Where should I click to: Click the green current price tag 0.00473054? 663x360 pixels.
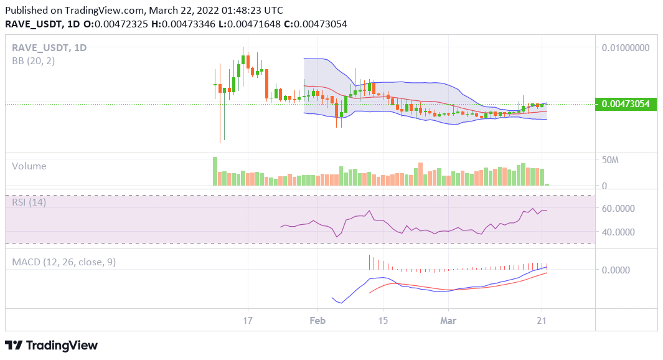[626, 105]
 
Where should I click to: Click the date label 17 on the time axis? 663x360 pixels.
[248, 321]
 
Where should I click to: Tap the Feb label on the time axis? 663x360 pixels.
[317, 321]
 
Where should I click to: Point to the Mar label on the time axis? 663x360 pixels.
[448, 321]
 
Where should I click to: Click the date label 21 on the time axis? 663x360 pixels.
[542, 321]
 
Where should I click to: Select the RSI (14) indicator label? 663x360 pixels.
[29, 202]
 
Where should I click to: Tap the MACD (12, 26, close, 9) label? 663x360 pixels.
[64, 262]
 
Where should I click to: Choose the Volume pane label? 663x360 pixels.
[29, 166]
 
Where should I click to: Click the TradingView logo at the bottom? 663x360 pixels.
[51, 345]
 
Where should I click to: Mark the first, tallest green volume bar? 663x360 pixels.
[215, 171]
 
